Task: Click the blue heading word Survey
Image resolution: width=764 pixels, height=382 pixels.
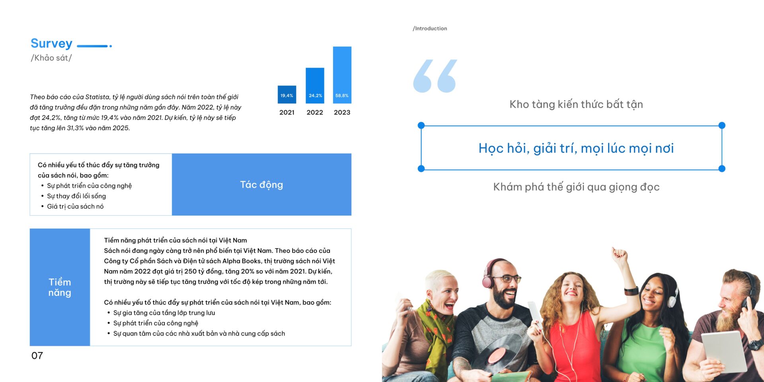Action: [x=51, y=43]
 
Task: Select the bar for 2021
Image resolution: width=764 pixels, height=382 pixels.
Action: [x=287, y=95]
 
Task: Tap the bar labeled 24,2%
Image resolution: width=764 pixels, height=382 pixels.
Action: [x=315, y=86]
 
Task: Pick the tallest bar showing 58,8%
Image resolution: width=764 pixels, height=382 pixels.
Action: [x=342, y=75]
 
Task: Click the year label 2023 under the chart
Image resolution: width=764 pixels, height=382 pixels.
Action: [x=342, y=113]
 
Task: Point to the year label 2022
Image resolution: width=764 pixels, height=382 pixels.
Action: [x=315, y=113]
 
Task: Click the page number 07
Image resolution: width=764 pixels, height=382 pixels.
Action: [x=37, y=356]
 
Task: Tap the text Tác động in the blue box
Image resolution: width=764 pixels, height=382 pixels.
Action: [x=261, y=185]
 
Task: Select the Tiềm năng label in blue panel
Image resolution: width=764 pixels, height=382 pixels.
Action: [x=60, y=287]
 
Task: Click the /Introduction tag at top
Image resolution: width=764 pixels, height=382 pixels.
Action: [x=430, y=29]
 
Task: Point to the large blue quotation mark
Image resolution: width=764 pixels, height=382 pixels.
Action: [x=435, y=76]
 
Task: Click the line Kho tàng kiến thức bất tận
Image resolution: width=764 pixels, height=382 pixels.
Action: [x=576, y=104]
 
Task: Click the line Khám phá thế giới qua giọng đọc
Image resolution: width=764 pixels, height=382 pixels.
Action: [x=576, y=187]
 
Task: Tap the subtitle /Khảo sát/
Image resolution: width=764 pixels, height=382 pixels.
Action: [x=51, y=58]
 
